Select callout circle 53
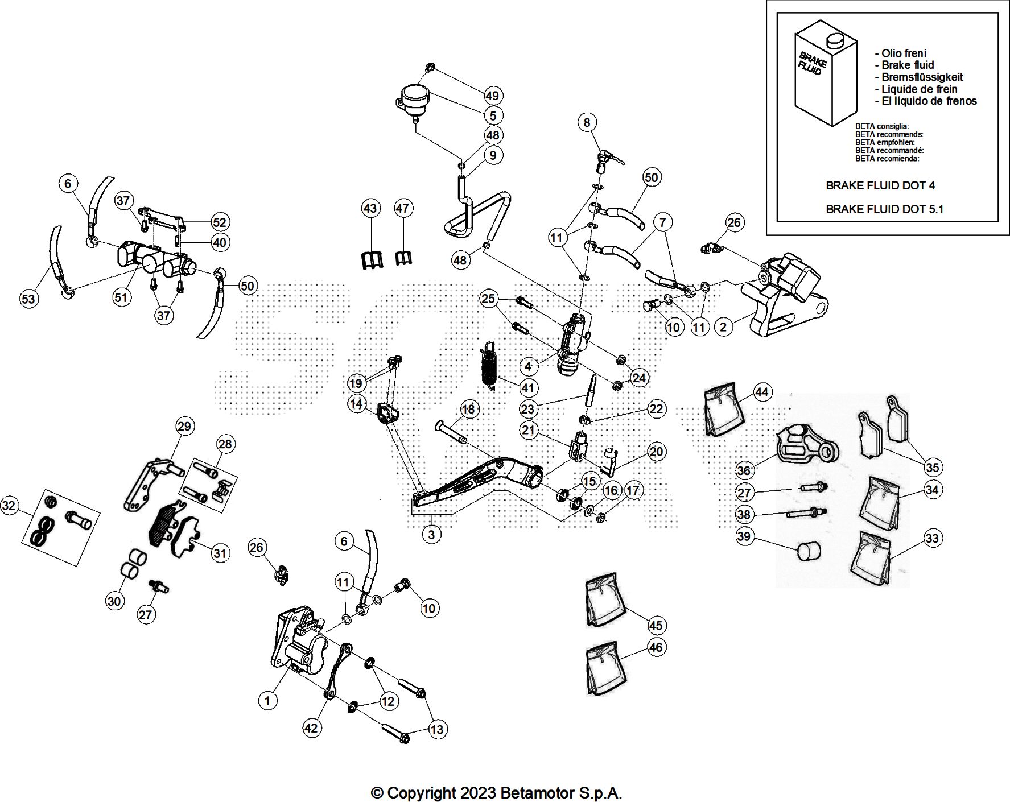pos(28,299)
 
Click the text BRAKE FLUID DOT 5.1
pos(884,209)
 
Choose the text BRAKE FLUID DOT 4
pos(880,185)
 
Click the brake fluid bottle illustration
pos(825,71)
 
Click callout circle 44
pos(762,392)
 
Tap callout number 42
pos(312,728)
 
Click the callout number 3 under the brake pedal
pos(432,534)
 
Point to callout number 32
pos(10,506)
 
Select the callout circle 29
pos(185,425)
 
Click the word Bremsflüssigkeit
pos(922,77)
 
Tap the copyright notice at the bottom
pos(496,792)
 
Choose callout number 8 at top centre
pos(587,122)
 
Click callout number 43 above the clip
pos(370,209)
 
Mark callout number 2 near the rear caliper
pos(723,326)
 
